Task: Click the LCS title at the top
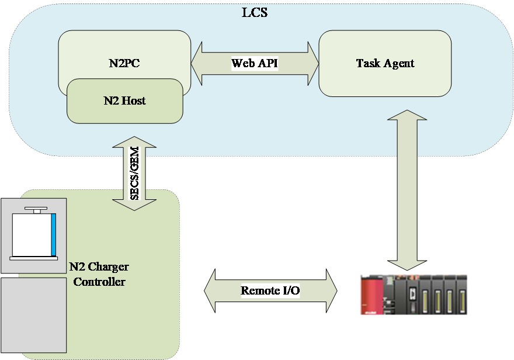click(x=255, y=12)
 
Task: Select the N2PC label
click(x=124, y=63)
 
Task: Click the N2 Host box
click(x=124, y=101)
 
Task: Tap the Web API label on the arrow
click(x=255, y=63)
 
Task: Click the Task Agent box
click(x=385, y=63)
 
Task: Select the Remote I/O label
click(x=270, y=290)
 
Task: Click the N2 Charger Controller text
click(x=98, y=274)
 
